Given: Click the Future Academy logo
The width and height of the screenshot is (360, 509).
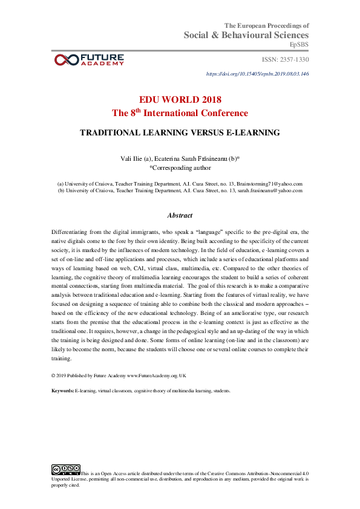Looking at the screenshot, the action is (89, 59).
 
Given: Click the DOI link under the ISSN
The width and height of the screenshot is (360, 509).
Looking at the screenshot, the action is (258, 74).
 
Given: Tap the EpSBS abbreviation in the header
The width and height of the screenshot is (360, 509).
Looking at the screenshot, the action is (299, 45).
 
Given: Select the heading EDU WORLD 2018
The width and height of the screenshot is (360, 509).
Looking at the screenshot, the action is (180, 100).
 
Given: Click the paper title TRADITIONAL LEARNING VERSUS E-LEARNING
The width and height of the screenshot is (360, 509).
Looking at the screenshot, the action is (180, 131).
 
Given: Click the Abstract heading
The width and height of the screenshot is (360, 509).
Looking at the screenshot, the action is (180, 215).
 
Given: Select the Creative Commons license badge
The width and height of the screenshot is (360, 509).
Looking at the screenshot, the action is (66, 468).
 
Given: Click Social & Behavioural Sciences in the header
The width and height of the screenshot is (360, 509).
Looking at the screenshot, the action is (246, 36).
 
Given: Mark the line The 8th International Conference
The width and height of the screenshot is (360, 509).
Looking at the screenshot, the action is (180, 113).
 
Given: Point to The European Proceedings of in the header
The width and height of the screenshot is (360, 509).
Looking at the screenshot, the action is (267, 25).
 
